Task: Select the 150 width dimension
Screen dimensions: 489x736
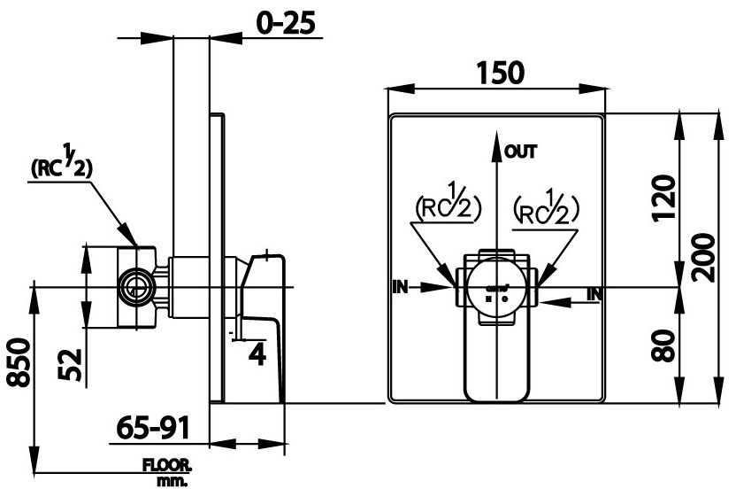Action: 497,72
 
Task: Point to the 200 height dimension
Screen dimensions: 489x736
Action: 705,257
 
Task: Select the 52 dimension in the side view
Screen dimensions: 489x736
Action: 73,362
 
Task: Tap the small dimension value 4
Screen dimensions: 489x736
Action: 257,354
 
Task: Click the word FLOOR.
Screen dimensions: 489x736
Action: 169,467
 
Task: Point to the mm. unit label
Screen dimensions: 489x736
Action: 165,481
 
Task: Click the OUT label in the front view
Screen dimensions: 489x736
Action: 520,151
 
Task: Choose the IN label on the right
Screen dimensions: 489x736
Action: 594,293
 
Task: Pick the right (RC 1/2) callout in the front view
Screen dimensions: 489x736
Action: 546,206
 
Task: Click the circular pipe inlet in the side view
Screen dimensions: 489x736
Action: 135,286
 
